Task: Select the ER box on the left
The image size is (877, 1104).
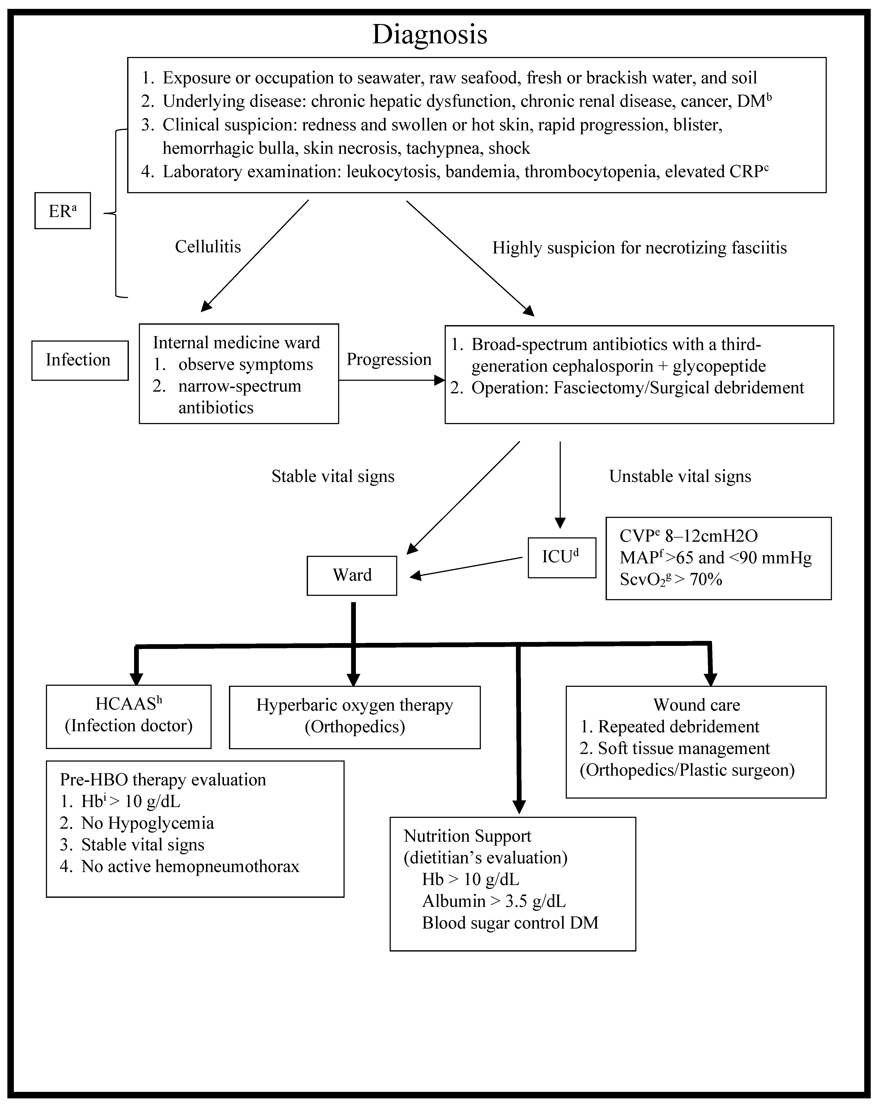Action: [x=62, y=211]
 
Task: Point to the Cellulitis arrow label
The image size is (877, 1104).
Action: [x=208, y=247]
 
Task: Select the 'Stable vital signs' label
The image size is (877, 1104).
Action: [x=333, y=476]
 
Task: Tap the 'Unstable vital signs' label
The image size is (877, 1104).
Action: [x=680, y=476]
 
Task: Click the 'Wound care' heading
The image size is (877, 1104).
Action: [x=696, y=705]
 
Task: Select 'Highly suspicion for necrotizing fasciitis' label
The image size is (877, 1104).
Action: [x=639, y=248]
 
